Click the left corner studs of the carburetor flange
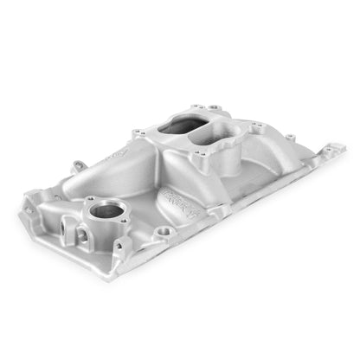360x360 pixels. (138, 132)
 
